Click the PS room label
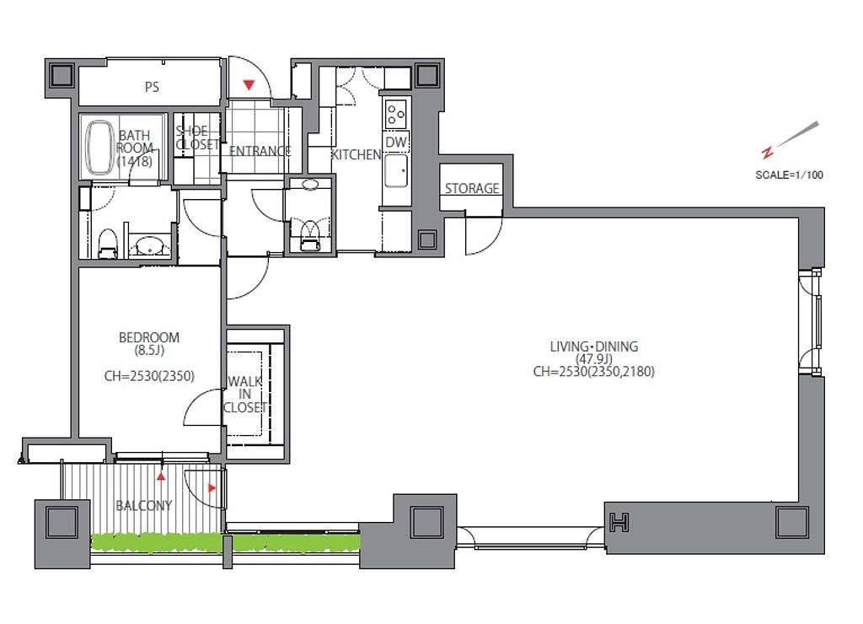pyautogui.click(x=152, y=87)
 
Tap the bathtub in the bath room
pyautogui.click(x=99, y=147)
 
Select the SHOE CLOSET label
pyautogui.click(x=197, y=137)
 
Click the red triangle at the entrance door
pyautogui.click(x=249, y=85)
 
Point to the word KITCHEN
pyautogui.click(x=356, y=155)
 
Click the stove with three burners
pyautogui.click(x=396, y=114)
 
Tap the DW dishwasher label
pyautogui.click(x=396, y=143)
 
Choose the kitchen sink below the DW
pyautogui.click(x=396, y=170)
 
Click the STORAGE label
pyautogui.click(x=472, y=188)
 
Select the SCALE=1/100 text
pyautogui.click(x=789, y=175)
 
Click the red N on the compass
pyautogui.click(x=767, y=152)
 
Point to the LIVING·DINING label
pyautogui.click(x=594, y=347)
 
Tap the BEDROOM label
pyautogui.click(x=149, y=337)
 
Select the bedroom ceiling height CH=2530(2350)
pyautogui.click(x=149, y=376)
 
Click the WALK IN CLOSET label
pyautogui.click(x=245, y=395)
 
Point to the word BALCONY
pyautogui.click(x=143, y=505)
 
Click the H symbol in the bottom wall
pyautogui.click(x=619, y=522)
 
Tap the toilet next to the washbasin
pyautogui.click(x=107, y=244)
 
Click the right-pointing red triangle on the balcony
pyautogui.click(x=212, y=488)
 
